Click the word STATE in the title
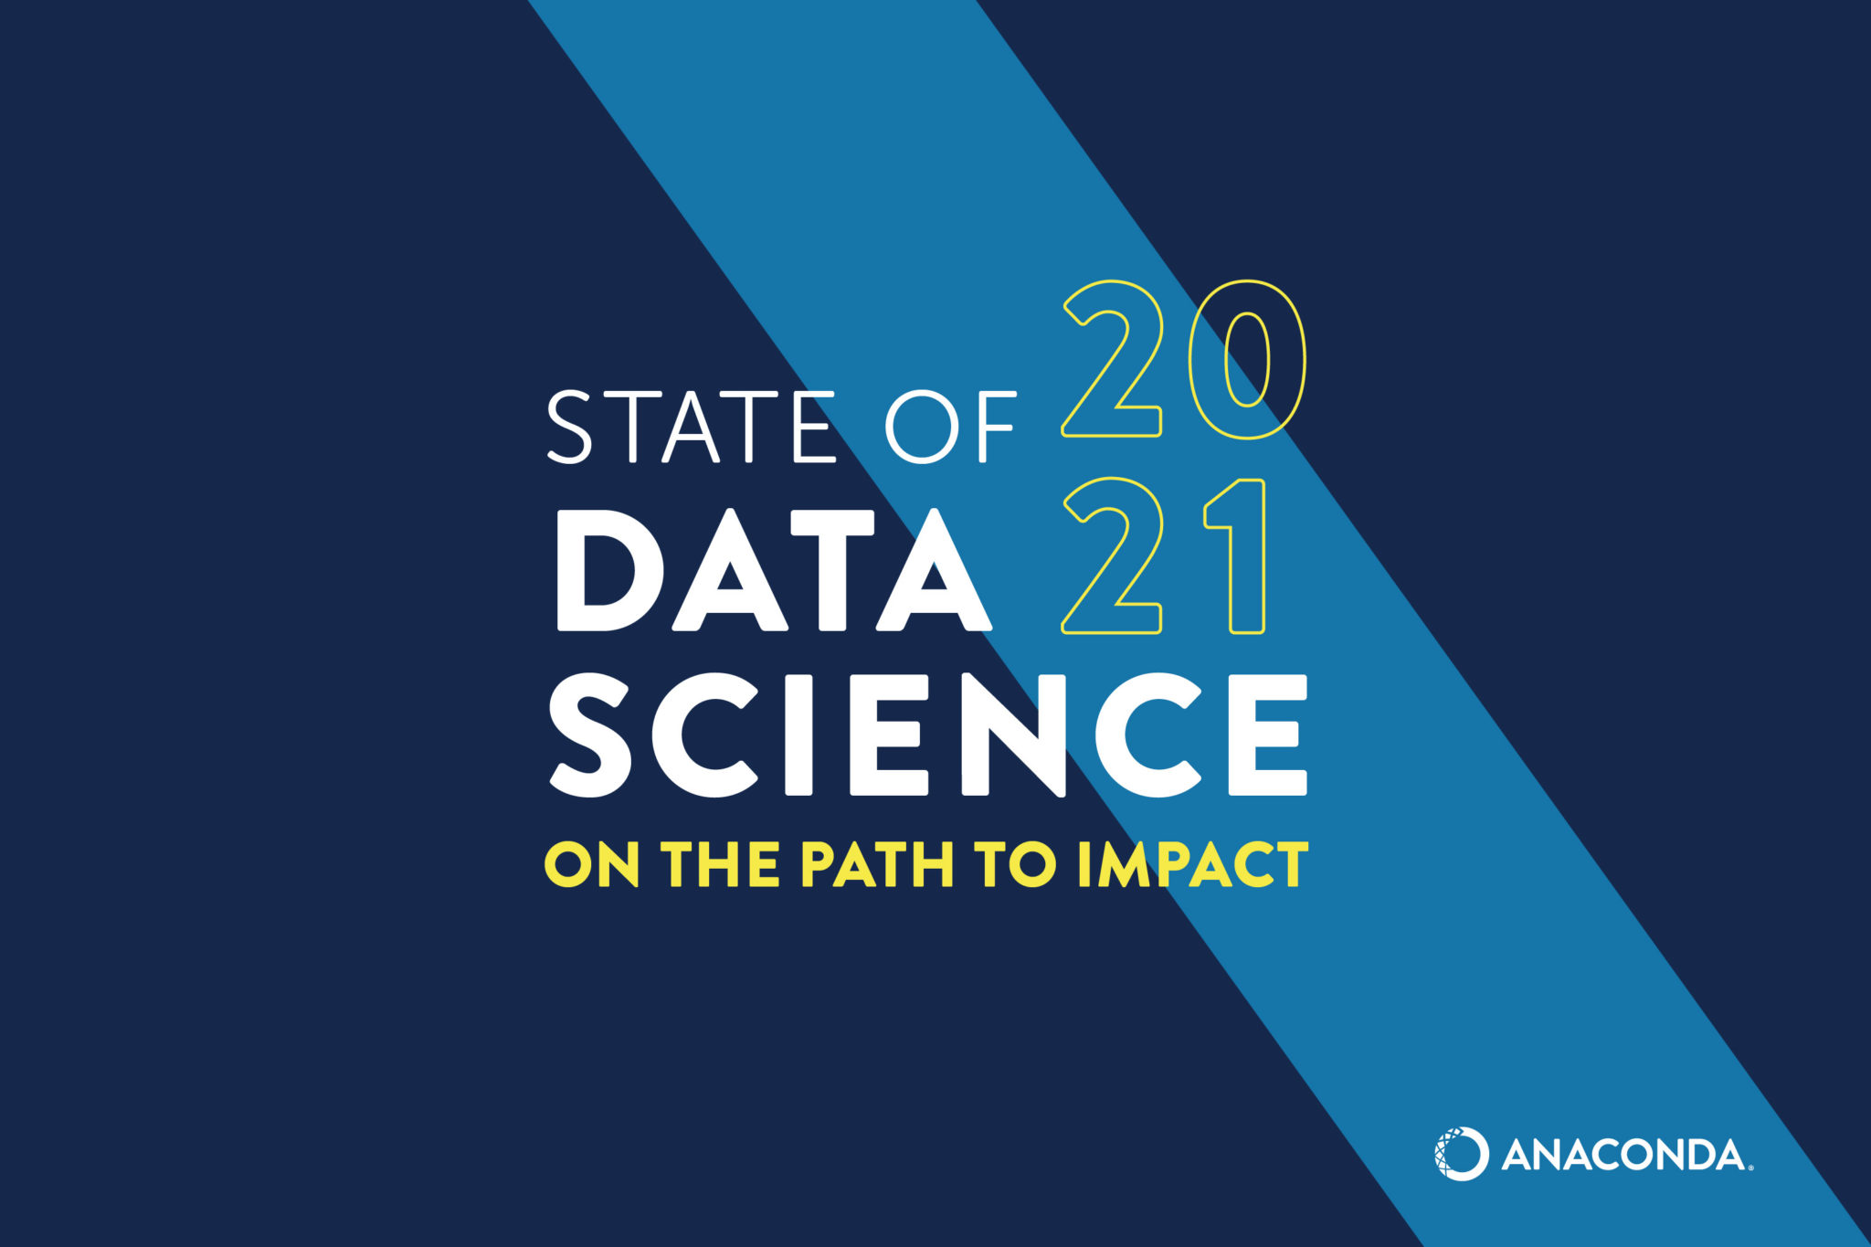coord(691,427)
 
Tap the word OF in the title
coord(951,427)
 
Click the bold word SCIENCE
coord(928,735)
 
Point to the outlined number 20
coord(1184,359)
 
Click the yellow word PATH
coord(878,864)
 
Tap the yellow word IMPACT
coord(1193,864)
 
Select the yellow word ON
coord(592,864)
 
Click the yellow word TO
coord(1015,864)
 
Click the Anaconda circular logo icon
coord(1461,1154)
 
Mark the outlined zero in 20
coord(1248,359)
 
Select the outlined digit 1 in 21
coord(1237,555)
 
